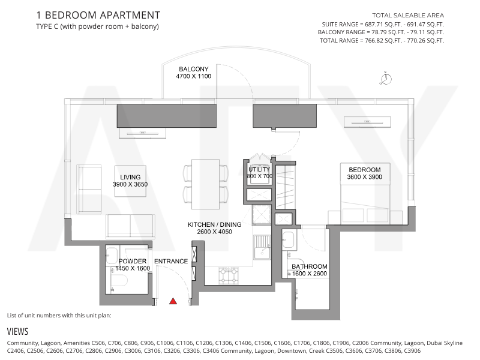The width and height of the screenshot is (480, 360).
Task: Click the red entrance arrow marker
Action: (x=173, y=301)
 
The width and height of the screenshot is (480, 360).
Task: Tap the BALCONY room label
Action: (x=194, y=69)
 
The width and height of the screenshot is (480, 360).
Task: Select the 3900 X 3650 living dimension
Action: (x=130, y=184)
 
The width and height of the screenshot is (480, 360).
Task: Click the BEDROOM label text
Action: (x=365, y=170)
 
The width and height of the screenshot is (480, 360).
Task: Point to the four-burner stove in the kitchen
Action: (x=229, y=275)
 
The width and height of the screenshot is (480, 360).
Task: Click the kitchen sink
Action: (x=262, y=247)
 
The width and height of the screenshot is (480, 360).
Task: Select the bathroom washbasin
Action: (x=288, y=239)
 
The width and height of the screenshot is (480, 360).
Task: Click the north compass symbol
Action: (x=386, y=79)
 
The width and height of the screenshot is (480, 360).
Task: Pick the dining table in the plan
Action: (x=205, y=184)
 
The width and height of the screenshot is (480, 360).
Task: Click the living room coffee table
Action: (x=130, y=181)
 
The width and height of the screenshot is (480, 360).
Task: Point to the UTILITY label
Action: (x=259, y=170)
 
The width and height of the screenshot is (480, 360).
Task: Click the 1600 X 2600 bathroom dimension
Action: (x=310, y=274)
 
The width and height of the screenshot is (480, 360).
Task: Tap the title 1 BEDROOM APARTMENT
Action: (x=98, y=15)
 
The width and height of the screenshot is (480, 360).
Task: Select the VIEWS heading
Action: (x=18, y=332)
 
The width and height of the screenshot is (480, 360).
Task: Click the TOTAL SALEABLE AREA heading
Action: (x=408, y=16)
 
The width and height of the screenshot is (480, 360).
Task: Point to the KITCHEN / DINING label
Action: (x=215, y=224)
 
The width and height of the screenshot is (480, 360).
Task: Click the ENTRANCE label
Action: (x=171, y=262)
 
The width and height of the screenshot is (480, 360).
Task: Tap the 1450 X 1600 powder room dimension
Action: (x=133, y=268)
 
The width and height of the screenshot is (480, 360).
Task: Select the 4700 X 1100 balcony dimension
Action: (x=194, y=76)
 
